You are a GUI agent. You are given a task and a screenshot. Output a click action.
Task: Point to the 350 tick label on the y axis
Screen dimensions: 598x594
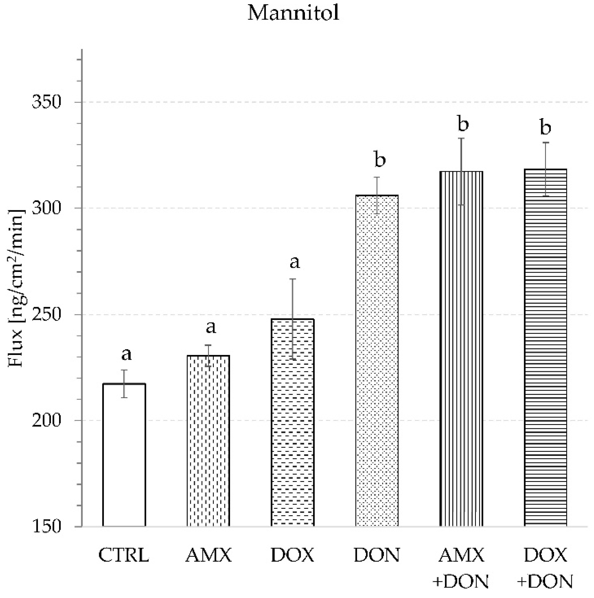pyautogui.click(x=47, y=102)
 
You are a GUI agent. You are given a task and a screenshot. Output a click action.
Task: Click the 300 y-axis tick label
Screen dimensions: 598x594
pyautogui.click(x=47, y=208)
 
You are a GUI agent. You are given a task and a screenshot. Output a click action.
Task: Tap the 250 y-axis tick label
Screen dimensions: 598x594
pyautogui.click(x=47, y=315)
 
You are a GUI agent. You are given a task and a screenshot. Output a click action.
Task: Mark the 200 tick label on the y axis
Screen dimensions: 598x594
pyautogui.click(x=47, y=421)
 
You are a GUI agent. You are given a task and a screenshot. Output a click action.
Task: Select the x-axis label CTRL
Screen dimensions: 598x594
pyautogui.click(x=124, y=556)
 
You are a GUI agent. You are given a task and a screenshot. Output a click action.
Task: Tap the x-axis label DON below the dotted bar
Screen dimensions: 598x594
pyautogui.click(x=377, y=556)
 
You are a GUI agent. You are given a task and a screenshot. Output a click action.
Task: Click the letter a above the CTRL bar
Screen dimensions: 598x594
pyautogui.click(x=126, y=354)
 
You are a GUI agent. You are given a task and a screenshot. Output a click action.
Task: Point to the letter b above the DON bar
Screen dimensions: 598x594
pyautogui.click(x=380, y=160)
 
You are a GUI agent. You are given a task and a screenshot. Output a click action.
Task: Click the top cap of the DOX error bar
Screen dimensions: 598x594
pyautogui.click(x=293, y=279)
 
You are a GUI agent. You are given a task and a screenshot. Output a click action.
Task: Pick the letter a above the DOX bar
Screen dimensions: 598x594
pyautogui.click(x=294, y=262)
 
